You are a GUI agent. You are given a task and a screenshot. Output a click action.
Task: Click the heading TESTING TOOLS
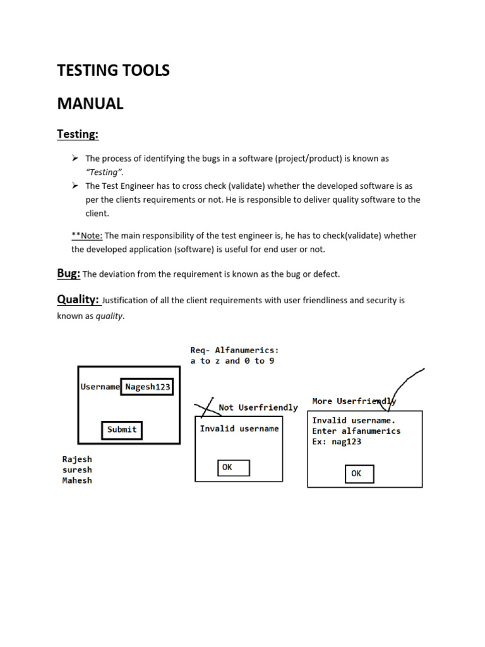tap(113, 70)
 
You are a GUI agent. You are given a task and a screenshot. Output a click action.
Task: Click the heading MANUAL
tap(90, 104)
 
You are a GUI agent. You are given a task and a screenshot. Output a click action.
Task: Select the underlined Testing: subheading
tap(78, 134)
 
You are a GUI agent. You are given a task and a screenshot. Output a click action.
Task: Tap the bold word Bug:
tap(68, 273)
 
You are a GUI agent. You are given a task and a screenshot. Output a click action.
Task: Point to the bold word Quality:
tap(78, 299)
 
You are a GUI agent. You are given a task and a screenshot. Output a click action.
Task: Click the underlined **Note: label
tap(87, 236)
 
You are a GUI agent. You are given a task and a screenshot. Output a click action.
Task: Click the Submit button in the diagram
tap(122, 430)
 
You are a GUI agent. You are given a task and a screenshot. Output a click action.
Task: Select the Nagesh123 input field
tap(147, 387)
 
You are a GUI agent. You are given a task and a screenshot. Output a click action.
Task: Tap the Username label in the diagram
tap(100, 387)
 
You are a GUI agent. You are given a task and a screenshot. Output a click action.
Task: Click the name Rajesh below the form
tap(77, 459)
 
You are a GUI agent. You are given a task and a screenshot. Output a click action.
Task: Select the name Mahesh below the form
tap(77, 480)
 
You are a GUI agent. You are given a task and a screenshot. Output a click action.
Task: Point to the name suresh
tap(77, 470)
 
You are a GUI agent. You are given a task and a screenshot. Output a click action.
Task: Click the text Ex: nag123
tap(337, 442)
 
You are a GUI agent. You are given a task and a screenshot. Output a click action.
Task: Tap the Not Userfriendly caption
tap(258, 408)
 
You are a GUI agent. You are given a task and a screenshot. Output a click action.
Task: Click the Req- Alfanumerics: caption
tap(234, 350)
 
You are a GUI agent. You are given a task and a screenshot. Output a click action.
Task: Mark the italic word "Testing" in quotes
tap(104, 172)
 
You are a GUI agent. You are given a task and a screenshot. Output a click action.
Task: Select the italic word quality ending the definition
tap(109, 316)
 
